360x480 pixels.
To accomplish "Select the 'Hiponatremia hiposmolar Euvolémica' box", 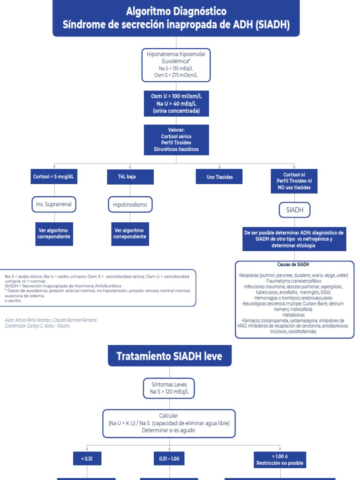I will pos(176,65).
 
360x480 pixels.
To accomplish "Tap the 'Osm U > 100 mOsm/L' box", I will pos(176,103).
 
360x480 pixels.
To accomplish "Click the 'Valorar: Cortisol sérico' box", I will pos(176,139).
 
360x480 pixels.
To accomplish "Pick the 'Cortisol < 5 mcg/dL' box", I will pos(54,177).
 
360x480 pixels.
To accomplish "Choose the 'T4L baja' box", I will pos(124,177).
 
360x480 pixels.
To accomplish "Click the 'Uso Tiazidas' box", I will pos(220,177).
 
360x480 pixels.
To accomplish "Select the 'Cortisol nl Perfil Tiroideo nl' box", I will pos(294,181).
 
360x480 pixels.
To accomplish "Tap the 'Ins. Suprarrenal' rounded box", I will pos(54,204).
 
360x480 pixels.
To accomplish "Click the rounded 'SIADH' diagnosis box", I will pos(294,210).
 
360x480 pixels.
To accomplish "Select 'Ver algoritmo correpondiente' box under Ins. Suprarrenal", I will pos(54,233).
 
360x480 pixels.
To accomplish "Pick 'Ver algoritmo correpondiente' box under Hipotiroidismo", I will pos(129,233).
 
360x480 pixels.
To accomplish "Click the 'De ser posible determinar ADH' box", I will pos(294,239).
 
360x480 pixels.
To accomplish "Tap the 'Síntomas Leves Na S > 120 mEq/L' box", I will pos(169,388).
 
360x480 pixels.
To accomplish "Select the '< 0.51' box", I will pos(87,459).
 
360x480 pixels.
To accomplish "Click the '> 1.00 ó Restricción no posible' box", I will pos(280,459).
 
